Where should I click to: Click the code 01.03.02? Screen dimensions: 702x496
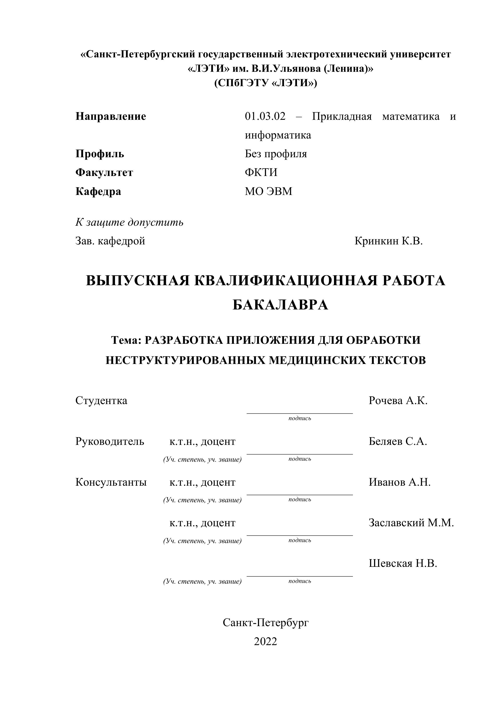[x=265, y=116]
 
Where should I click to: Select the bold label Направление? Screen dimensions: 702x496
[x=111, y=116]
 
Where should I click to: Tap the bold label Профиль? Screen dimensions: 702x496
[x=100, y=154]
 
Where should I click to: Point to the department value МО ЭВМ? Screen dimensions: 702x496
[x=268, y=191]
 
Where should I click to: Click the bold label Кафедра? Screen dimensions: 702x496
[x=98, y=191]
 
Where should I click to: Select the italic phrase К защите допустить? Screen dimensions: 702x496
[x=129, y=222]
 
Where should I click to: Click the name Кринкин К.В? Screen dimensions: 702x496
[x=388, y=241]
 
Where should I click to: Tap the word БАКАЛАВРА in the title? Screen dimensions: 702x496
[x=280, y=305]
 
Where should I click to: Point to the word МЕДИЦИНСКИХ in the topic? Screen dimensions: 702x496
[x=317, y=360]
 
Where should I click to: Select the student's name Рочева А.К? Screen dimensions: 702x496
[x=398, y=400]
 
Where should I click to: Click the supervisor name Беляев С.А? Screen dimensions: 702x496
[x=398, y=441]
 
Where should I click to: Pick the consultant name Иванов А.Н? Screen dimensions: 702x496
[x=399, y=482]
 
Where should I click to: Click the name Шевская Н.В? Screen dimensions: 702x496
[x=403, y=563]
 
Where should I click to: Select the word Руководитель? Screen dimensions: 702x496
[x=109, y=441]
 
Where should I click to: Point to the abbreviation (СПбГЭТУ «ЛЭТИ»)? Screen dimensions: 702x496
[x=266, y=83]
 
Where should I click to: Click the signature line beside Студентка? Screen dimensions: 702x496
[x=299, y=413]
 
